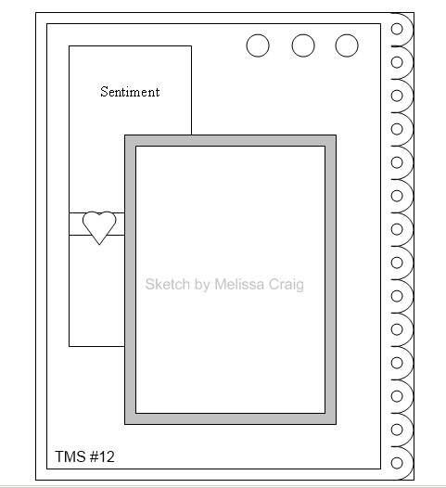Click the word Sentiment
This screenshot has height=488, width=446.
[x=130, y=92]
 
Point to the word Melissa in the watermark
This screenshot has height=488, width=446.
[x=240, y=284]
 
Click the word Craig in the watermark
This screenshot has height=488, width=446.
[x=287, y=285]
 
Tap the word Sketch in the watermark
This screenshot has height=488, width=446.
[x=167, y=284]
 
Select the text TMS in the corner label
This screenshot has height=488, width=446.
[x=70, y=456]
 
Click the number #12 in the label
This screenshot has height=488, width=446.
[x=102, y=456]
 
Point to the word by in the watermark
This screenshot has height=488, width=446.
[x=201, y=285]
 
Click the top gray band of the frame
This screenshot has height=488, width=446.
[x=231, y=140]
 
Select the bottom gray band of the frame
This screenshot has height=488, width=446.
[x=231, y=419]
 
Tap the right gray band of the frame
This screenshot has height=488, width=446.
[x=331, y=279]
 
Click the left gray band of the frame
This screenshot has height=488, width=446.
[x=131, y=279]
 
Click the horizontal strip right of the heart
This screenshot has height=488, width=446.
[x=120, y=225]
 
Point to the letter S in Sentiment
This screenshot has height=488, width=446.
[x=104, y=92]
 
